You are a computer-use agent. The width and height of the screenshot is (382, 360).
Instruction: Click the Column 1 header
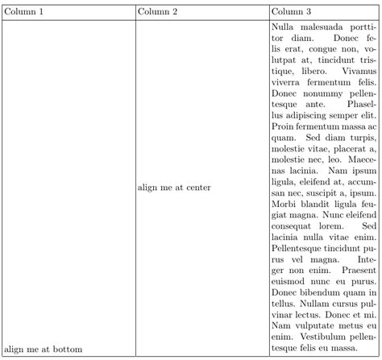(x=24, y=12)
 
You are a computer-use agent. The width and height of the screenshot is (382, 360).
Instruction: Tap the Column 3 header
(x=291, y=12)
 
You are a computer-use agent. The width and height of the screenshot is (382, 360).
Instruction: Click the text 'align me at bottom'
(x=44, y=349)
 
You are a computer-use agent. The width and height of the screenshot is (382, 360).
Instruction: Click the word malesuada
(x=321, y=28)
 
